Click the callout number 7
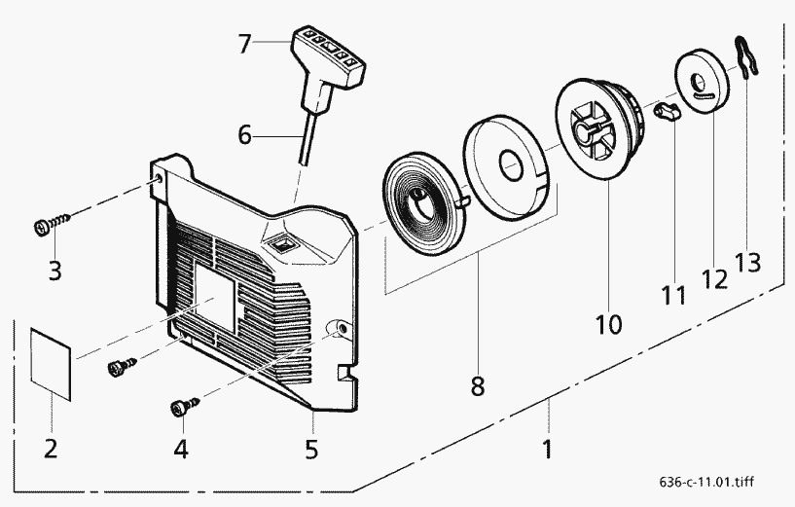(245, 43)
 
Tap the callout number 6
(245, 136)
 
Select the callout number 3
(54, 270)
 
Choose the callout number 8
(477, 385)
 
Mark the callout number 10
(609, 322)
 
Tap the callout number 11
(674, 294)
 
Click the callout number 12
(715, 278)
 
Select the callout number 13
(748, 262)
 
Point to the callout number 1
(547, 450)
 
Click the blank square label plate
(53, 363)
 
